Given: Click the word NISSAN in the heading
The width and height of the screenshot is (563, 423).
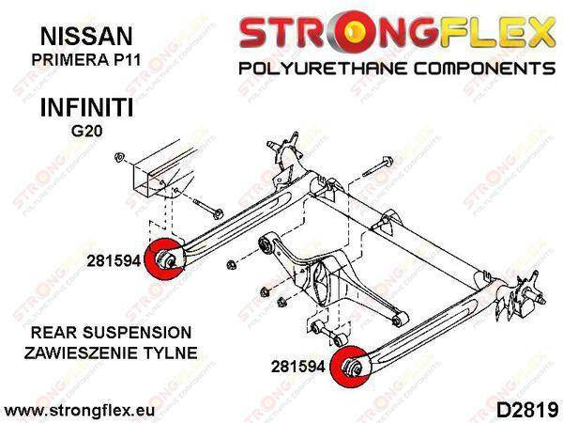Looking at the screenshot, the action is point(86,36).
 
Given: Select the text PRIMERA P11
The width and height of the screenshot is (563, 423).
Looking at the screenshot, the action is point(86,59).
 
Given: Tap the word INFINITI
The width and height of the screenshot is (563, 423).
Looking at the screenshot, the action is point(87,107).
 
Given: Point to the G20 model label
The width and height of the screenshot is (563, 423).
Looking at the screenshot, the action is point(86,131).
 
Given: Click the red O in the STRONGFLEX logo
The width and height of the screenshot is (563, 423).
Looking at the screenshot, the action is point(352,30).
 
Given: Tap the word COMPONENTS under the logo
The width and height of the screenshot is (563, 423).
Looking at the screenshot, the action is point(484,69).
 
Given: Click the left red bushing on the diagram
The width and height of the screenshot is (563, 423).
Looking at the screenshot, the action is point(164,258).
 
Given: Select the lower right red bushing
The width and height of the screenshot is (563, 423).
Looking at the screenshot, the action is point(350,367).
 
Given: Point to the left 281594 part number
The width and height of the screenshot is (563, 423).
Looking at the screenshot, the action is point(114,260).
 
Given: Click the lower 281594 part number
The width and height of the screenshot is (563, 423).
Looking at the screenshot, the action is point(298,367).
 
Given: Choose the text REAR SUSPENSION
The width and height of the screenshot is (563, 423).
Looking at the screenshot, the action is point(112,333).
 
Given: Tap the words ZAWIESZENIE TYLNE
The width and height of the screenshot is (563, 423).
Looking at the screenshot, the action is point(111,352).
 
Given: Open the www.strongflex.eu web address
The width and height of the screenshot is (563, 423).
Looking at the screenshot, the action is point(80,411).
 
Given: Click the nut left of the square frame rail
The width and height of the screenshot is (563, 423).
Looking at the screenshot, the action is point(119,158).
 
